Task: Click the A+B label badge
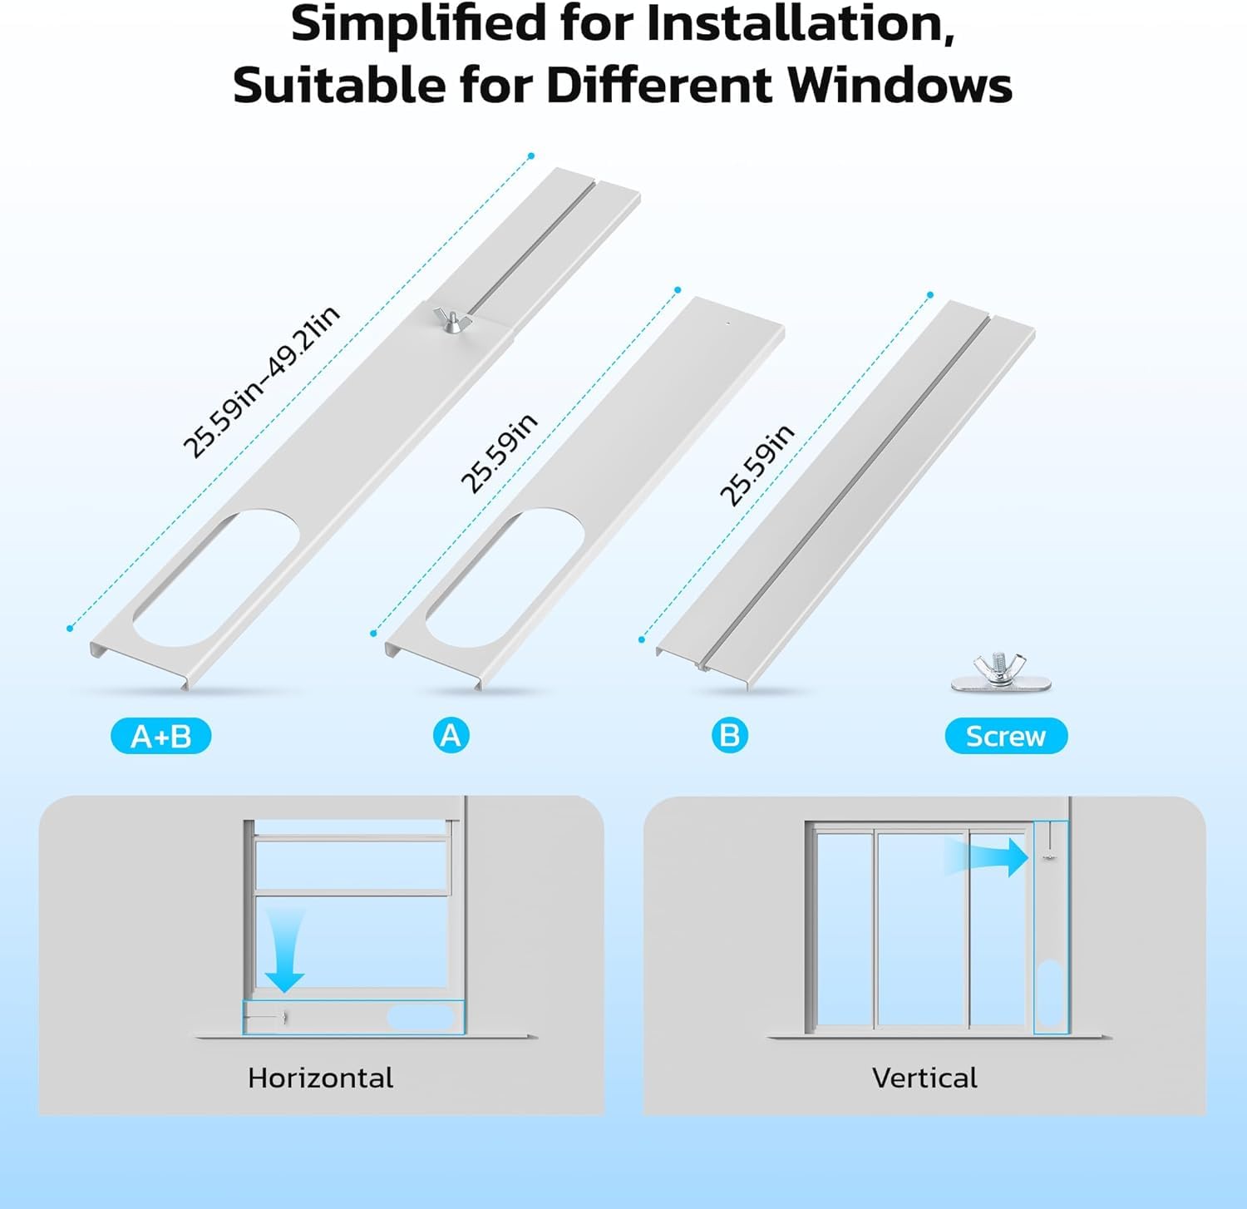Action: pyautogui.click(x=161, y=736)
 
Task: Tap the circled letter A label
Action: pyautogui.click(x=451, y=736)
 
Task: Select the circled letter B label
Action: pyautogui.click(x=729, y=736)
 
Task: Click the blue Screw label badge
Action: pyautogui.click(x=1006, y=736)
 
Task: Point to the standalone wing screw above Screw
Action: pyautogui.click(x=1001, y=674)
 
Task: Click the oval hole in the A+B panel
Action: pyautogui.click(x=214, y=578)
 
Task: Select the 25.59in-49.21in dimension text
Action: pyautogui.click(x=261, y=382)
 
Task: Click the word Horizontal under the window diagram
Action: pyautogui.click(x=320, y=1078)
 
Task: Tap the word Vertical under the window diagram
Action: pyautogui.click(x=924, y=1078)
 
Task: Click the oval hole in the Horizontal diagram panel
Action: pyautogui.click(x=421, y=1017)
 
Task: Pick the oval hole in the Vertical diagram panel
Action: pyautogui.click(x=1050, y=993)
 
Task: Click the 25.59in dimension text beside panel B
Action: pyautogui.click(x=757, y=465)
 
